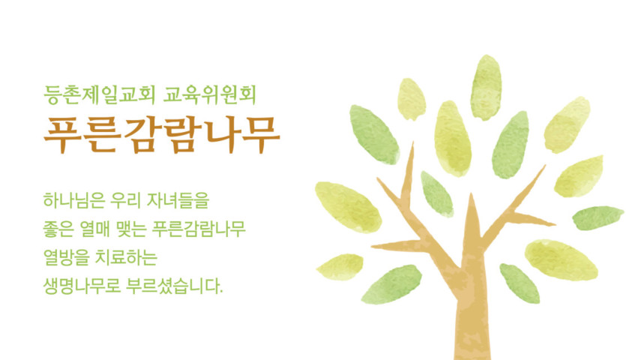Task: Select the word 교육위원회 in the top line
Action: coord(209,94)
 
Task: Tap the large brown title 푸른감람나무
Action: coord(162,135)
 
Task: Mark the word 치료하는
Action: coord(126,257)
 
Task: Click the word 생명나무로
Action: coord(82,286)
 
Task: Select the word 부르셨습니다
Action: coord(174,286)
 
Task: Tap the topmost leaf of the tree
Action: coord(486,87)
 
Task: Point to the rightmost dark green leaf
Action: coord(598,217)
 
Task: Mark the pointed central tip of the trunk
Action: coord(472,194)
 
